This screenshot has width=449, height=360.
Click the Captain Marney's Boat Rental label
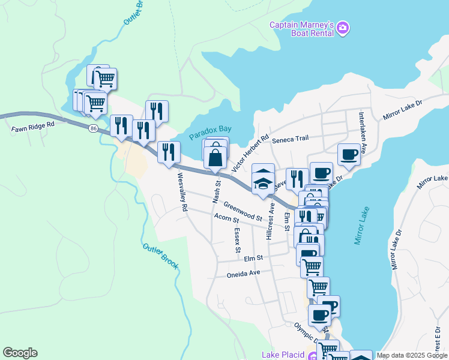tap(302, 29)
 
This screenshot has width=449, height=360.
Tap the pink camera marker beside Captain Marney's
tap(343, 28)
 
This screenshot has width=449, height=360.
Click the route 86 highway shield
tap(92, 128)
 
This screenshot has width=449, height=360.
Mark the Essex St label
tap(237, 239)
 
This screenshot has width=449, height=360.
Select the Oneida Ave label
tap(244, 273)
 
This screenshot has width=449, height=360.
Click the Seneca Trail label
tap(290, 139)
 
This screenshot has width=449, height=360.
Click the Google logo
tap(20, 353)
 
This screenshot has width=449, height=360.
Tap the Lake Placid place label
tap(283, 355)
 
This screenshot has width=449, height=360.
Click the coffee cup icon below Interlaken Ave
tap(349, 155)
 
